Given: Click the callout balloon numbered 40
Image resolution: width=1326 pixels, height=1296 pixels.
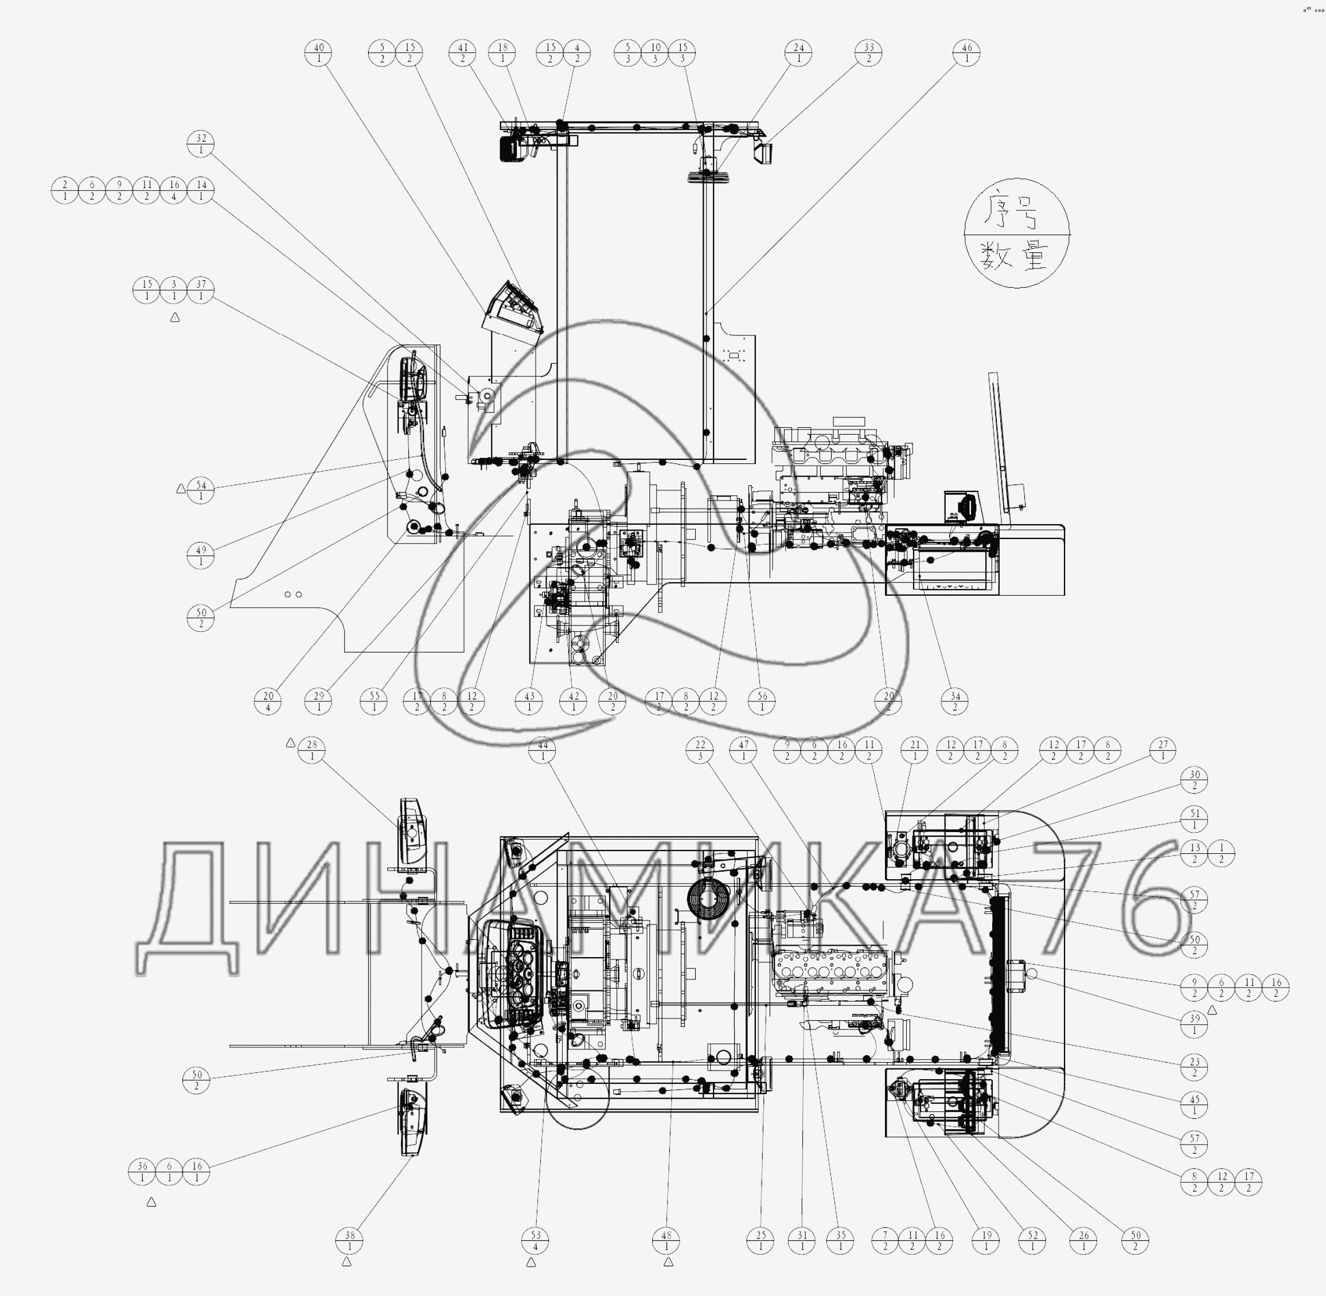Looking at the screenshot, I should tap(318, 53).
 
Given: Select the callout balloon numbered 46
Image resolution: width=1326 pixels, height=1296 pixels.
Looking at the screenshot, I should tap(966, 53).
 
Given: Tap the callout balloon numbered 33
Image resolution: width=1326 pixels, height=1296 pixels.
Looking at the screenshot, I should tap(868, 53).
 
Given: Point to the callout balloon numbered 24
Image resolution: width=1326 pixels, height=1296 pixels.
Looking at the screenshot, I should tap(798, 53).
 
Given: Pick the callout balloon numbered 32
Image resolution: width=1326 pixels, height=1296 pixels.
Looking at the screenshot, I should tap(201, 143).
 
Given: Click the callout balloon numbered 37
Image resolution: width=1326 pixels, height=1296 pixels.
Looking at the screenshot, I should tap(201, 290).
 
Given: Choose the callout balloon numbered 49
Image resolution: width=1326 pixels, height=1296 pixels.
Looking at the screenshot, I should tap(201, 556).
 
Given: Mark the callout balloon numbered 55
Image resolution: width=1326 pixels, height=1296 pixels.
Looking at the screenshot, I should tap(375, 701).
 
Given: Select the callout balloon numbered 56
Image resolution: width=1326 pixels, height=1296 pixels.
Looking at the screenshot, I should tap(762, 701).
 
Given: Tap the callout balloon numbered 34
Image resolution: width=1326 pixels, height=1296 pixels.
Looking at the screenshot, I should tap(955, 701).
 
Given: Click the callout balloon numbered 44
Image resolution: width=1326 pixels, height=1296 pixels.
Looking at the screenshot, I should tap(543, 750).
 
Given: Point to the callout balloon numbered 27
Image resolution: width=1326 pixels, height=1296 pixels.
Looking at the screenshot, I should tap(1163, 750).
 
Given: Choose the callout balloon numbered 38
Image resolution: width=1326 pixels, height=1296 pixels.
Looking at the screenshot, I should tap(350, 1241).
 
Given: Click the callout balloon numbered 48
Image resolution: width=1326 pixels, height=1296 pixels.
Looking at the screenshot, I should tap(666, 1241).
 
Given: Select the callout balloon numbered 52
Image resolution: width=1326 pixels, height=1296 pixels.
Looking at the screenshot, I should tap(1033, 1241).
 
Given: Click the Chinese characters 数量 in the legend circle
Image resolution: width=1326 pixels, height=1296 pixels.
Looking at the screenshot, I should tap(1016, 257).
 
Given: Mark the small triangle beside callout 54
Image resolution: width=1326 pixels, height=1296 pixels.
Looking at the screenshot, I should tap(181, 488).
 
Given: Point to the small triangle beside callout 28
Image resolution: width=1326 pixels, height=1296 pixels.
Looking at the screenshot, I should tap(291, 743).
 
